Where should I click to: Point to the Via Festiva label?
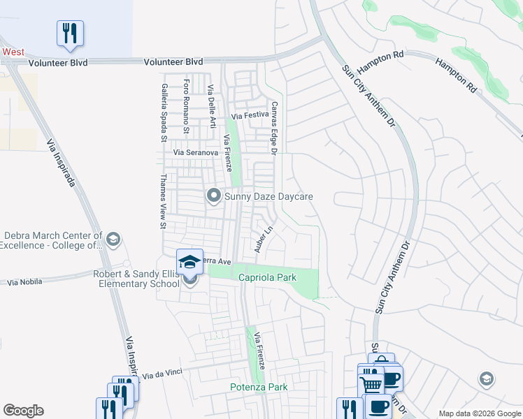[250, 115]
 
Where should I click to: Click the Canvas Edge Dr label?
[275, 128]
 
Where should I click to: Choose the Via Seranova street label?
[196, 152]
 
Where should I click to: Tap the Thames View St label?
[163, 202]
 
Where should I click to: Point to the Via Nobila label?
[24, 282]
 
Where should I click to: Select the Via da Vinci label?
[162, 374]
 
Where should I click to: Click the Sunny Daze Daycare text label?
[268, 197]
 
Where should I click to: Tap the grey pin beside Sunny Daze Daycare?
[213, 196]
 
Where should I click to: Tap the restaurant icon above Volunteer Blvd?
[70, 33]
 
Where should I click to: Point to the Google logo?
[23, 411]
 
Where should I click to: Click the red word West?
[13, 52]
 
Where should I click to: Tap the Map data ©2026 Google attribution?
[480, 413]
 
